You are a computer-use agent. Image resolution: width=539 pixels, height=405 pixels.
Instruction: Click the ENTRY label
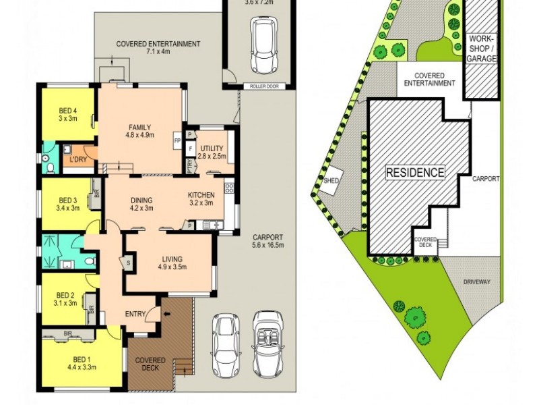pos(137,314)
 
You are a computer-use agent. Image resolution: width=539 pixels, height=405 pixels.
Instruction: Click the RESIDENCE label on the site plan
pos(414,173)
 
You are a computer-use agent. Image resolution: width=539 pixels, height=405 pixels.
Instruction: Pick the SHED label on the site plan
pos(331,181)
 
